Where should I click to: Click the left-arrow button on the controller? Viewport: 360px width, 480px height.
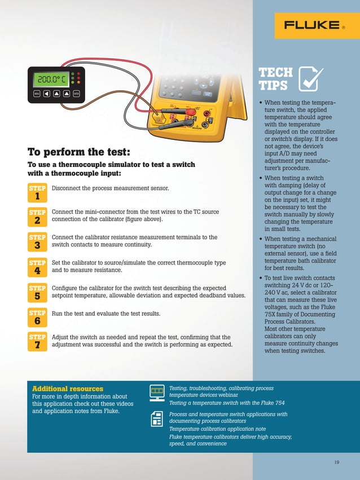[x=47, y=94]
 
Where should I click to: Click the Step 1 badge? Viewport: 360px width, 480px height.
[x=37, y=192]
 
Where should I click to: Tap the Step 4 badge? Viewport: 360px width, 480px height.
[x=37, y=267]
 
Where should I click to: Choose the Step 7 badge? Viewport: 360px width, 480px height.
[x=37, y=341]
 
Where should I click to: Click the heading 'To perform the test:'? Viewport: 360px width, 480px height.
[x=78, y=152]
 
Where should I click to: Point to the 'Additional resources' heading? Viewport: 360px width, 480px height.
[x=68, y=389]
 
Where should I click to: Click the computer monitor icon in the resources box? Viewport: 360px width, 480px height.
[x=157, y=392]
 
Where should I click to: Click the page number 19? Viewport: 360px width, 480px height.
[x=336, y=463]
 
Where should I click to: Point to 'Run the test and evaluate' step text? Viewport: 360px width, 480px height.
[x=106, y=313]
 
